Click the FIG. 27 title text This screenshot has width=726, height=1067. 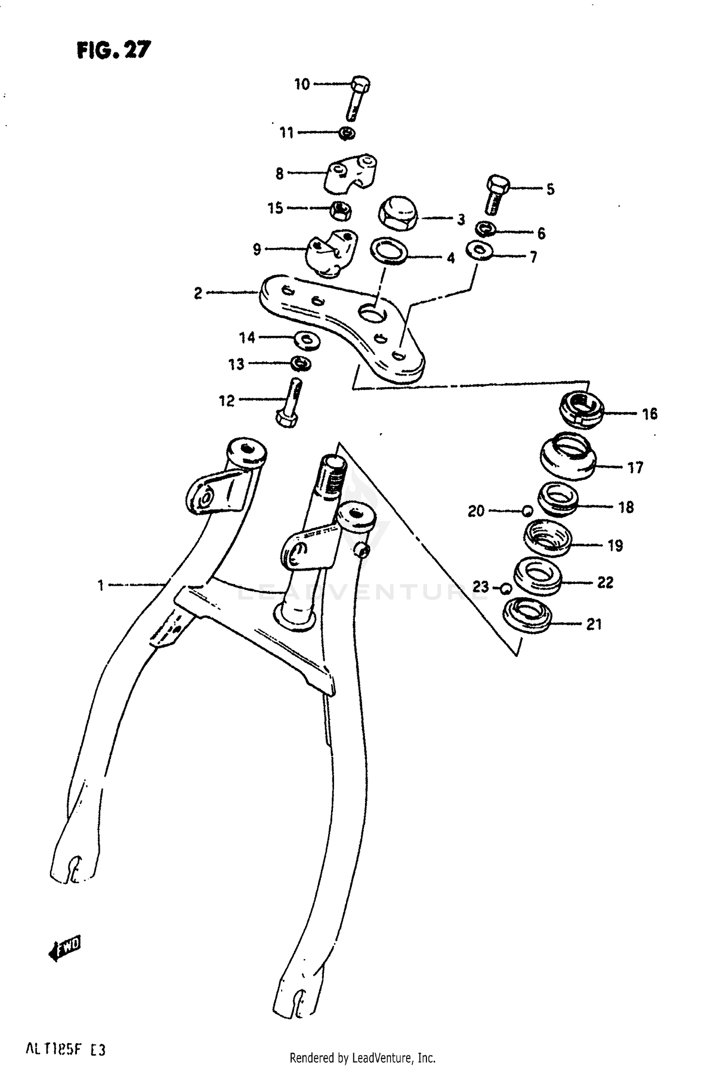(114, 50)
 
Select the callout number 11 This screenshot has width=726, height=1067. (287, 132)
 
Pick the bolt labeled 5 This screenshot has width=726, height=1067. (496, 196)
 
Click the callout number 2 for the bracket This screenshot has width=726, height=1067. (197, 293)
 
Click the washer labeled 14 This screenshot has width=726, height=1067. (307, 341)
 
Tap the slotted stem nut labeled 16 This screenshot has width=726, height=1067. (581, 410)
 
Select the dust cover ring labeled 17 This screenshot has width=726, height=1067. (568, 456)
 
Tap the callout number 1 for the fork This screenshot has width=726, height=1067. (101, 585)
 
